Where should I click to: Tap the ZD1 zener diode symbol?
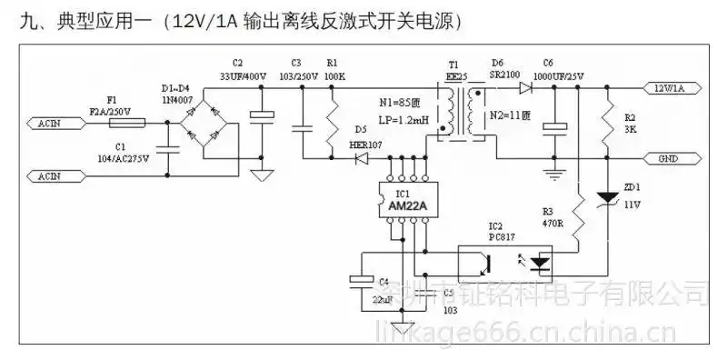pos(606,198)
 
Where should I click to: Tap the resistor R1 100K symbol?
pos(332,122)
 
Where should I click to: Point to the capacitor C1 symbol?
pos(167,146)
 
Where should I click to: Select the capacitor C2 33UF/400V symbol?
pos(261,115)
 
